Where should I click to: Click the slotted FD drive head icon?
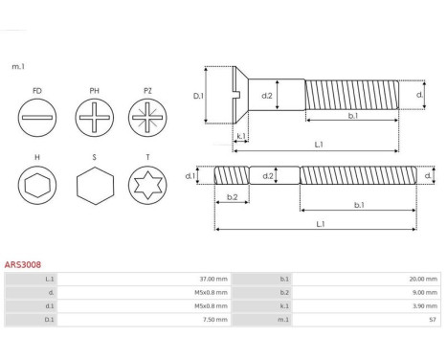coord(37,118)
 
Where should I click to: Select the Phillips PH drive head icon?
coord(95,118)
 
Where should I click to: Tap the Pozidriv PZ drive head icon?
coord(147,118)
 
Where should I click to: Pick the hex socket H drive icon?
coord(37,185)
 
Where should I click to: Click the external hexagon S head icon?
coord(95,186)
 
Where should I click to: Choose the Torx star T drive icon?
coord(147,185)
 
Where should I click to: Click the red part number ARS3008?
coord(23,264)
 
